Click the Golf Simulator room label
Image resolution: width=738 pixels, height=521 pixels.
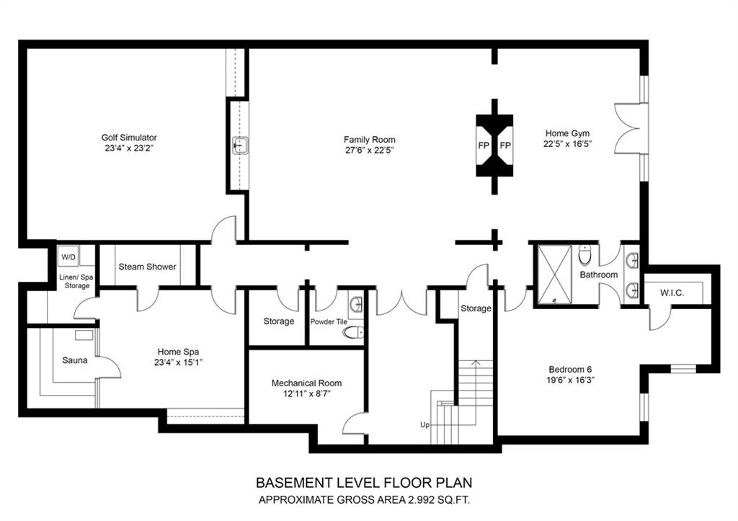129,138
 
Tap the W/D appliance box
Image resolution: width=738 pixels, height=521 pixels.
68,257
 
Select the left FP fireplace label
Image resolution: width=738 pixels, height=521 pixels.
484,146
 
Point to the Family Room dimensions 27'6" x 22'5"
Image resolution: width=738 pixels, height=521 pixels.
369,151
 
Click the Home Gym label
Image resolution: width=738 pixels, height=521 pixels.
567,133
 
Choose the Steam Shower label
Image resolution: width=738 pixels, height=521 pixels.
147,267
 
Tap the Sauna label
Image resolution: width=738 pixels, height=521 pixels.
75,360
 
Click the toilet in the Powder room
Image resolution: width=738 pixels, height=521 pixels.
354,333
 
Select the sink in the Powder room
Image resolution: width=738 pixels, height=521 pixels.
356,305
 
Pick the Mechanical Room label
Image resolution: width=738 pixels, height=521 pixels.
306,383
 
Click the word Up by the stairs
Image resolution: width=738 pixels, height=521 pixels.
425,425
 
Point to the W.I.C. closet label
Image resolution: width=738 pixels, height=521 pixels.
672,293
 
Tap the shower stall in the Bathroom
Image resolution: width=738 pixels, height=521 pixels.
554,273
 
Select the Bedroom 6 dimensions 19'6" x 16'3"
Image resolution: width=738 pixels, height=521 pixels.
570,380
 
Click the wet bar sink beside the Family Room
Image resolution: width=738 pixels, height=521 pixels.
241,146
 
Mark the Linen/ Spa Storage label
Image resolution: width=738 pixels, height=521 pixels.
76,282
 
